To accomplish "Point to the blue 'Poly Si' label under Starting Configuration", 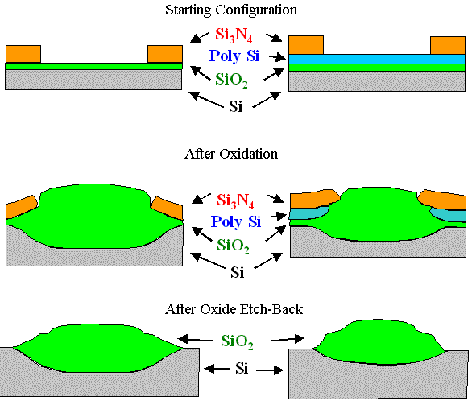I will (x=236, y=57).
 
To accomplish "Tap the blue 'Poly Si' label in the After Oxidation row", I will (x=236, y=221).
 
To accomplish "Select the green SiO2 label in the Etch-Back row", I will (x=237, y=342).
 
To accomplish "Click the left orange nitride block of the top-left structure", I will (x=23, y=54).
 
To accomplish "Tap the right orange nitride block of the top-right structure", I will (x=447, y=45).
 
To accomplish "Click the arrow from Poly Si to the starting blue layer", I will (x=277, y=57).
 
